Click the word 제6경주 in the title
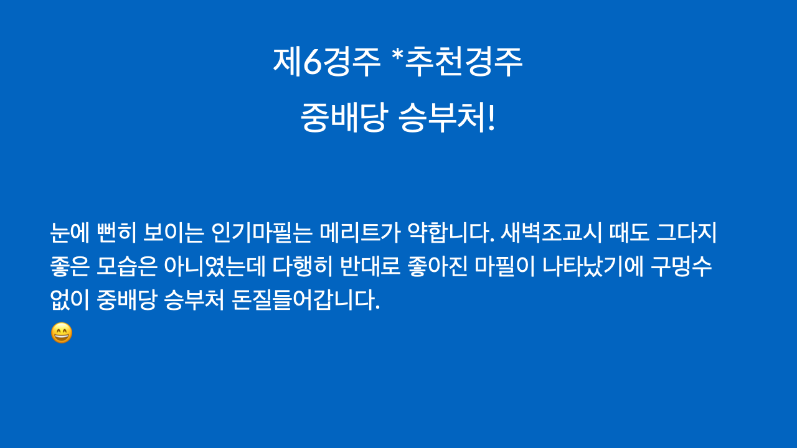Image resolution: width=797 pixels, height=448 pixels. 327,62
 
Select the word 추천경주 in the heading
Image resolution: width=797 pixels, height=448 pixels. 464,62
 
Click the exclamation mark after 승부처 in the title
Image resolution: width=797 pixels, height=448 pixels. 491,118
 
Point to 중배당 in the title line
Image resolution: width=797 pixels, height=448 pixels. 342,118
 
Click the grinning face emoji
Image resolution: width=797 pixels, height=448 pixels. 62,333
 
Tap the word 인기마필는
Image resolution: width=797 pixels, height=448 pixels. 262,233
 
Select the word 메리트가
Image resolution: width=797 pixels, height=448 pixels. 360,233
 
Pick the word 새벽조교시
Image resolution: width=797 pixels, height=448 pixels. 551,233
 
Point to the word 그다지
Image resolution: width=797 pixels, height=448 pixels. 686,233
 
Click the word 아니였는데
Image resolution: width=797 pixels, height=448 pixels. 215,267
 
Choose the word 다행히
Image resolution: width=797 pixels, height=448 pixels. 303,267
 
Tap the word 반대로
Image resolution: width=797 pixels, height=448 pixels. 370,267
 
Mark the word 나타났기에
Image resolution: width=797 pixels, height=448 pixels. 593,267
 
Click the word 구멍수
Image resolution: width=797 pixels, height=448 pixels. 681,267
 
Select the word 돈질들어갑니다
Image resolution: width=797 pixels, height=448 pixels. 306,300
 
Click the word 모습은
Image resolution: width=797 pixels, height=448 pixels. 126,267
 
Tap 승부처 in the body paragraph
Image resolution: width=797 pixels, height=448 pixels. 194,300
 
